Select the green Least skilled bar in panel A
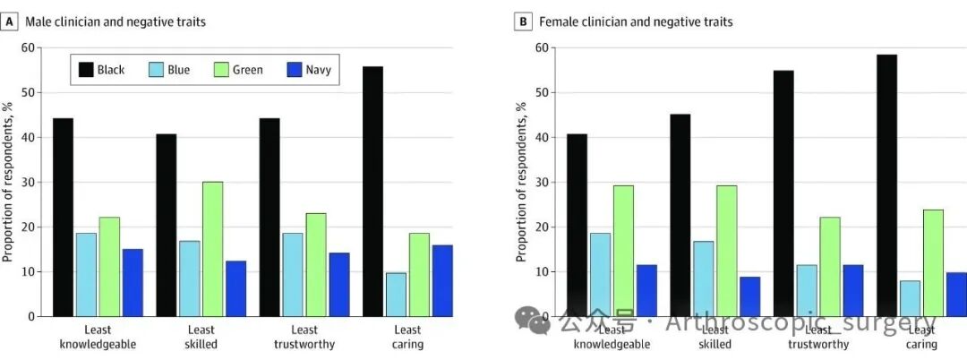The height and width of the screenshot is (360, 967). (212, 248)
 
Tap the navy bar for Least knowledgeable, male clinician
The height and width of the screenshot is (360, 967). (133, 282)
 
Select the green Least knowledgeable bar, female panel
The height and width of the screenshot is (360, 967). (623, 250)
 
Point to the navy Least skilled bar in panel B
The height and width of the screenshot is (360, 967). (749, 296)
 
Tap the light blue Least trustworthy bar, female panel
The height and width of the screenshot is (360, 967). (808, 290)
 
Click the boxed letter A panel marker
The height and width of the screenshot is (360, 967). (10, 21)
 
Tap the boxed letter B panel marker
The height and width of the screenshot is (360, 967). (523, 21)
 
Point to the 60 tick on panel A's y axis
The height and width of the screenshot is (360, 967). (30, 47)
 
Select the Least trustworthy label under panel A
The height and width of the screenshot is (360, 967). (304, 337)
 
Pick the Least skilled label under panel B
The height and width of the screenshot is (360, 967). (715, 337)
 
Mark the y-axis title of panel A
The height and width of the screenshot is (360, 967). (8, 182)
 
